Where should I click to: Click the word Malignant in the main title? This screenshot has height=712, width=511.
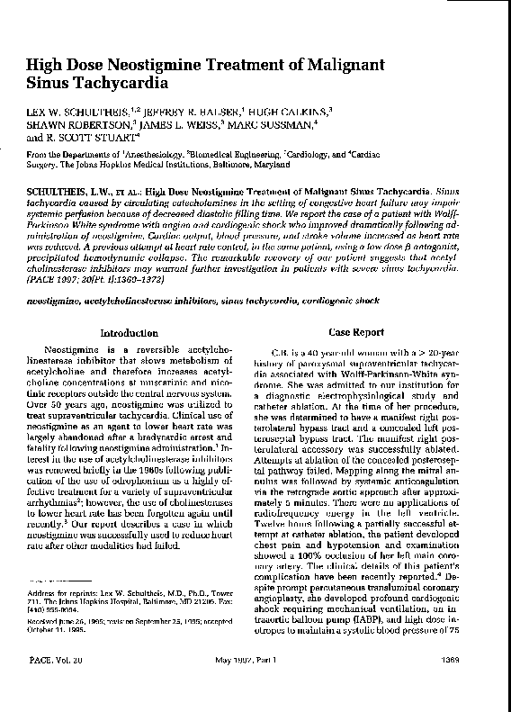point(360,66)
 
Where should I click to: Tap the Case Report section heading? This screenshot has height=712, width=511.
point(356,332)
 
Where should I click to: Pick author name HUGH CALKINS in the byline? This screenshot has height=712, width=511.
point(291,112)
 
